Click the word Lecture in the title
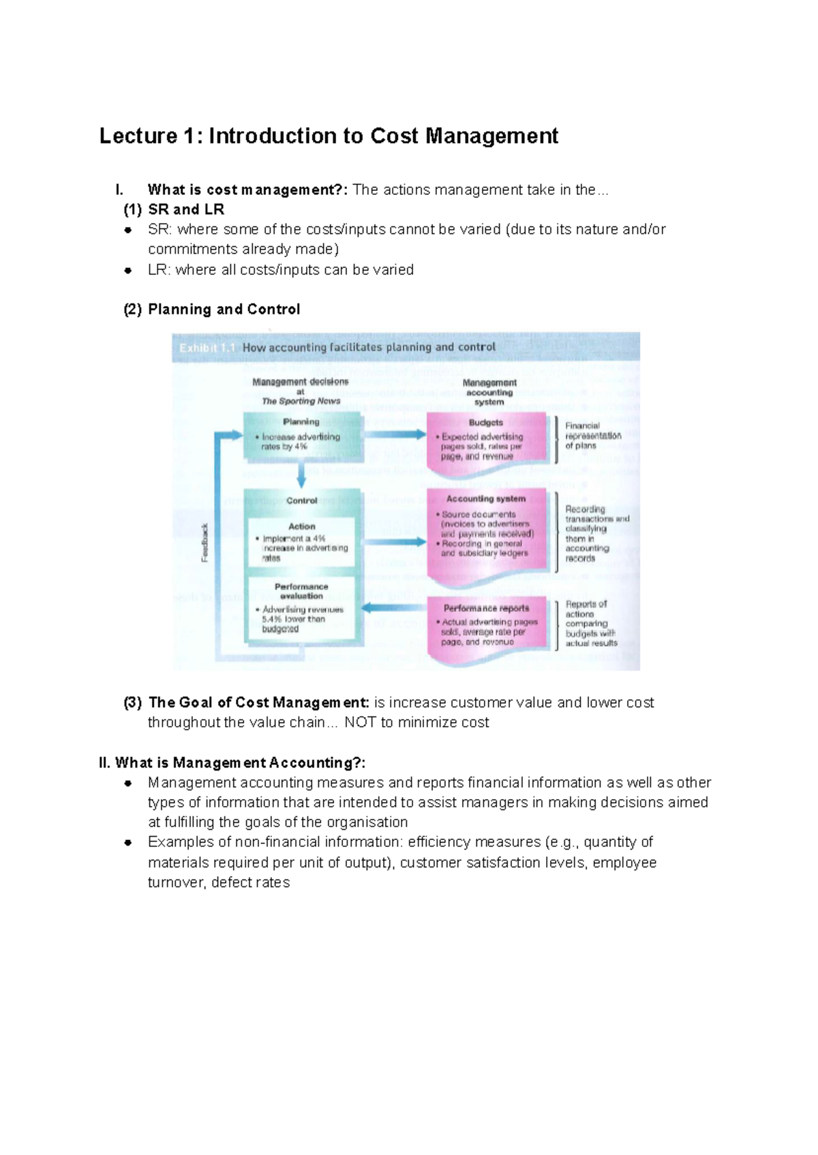[138, 136]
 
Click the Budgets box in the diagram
[486, 440]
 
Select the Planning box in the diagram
[301, 434]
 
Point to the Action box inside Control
[301, 541]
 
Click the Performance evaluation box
[301, 608]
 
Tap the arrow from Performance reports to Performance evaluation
[393, 607]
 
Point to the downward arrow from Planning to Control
[301, 472]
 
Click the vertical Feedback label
[204, 543]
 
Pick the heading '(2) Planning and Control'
[211, 310]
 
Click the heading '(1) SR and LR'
[174, 209]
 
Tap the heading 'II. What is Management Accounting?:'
[232, 763]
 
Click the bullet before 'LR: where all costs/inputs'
[127, 271]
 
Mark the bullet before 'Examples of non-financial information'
[127, 843]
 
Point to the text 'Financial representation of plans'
[592, 436]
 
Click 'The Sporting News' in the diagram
[301, 402]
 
